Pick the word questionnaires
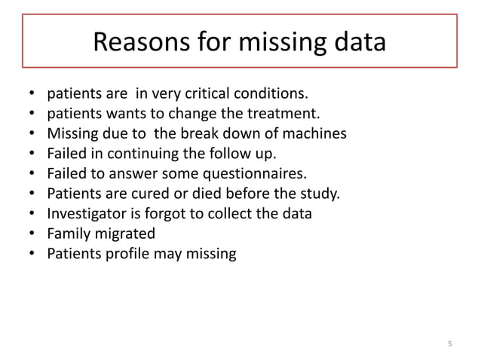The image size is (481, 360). pyautogui.click(x=259, y=175)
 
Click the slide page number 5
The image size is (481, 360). pyautogui.click(x=450, y=345)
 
